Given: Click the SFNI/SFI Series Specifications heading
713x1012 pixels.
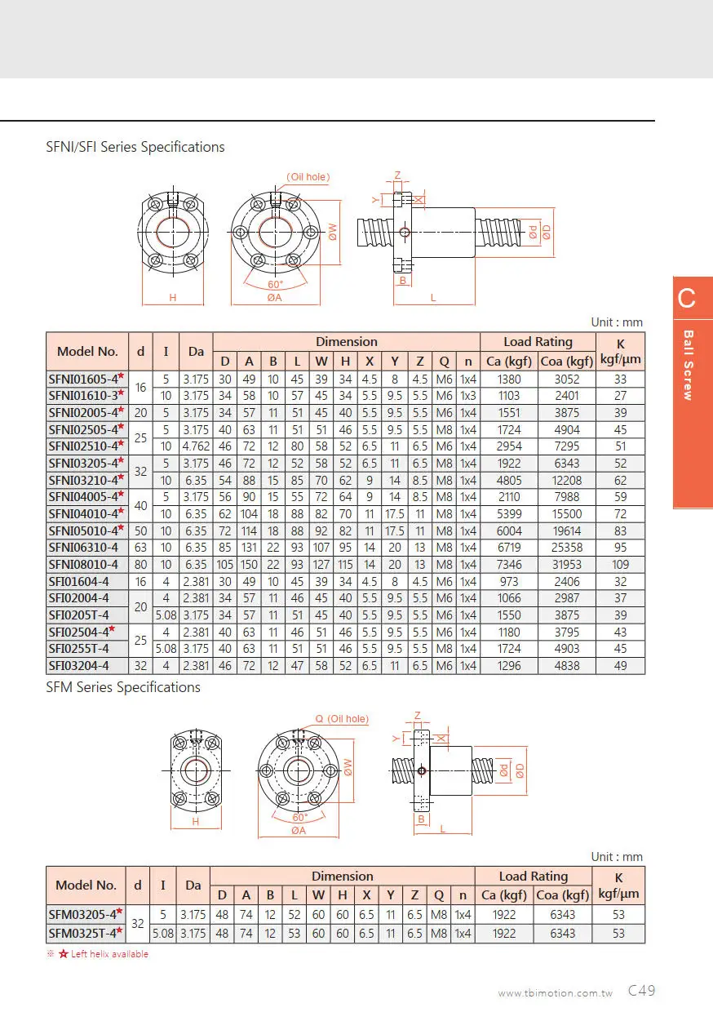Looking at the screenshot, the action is point(135,147).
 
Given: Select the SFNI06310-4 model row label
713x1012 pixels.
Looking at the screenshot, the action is point(83,548).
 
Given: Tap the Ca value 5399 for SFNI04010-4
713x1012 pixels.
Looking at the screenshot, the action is point(509,514).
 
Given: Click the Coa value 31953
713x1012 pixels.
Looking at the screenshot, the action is point(567,565).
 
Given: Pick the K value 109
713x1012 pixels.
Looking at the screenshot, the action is point(621,565).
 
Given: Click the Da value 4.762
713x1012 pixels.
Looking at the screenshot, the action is point(196,446).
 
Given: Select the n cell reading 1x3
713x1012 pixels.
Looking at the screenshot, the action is point(468,396).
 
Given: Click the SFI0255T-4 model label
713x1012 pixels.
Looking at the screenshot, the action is point(78,649).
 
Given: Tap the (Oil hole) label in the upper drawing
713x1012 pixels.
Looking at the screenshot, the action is point(308,176).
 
